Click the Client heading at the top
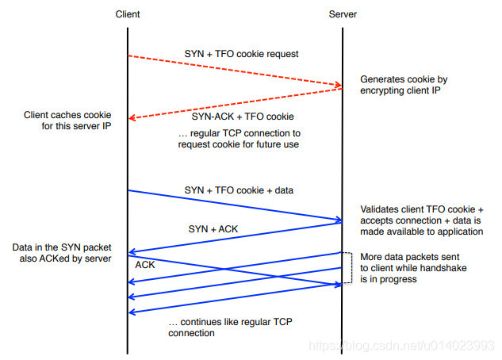tap(128, 15)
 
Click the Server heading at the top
tap(343, 15)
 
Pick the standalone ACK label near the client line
tap(145, 266)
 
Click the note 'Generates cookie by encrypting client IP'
tap(403, 86)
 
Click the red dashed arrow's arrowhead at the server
tap(338, 86)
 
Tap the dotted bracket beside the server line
tap(348, 267)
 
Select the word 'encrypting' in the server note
tap(385, 91)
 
